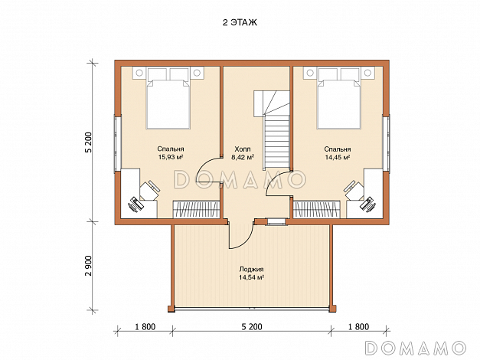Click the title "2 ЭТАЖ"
click(x=240, y=23)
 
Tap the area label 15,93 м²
click(x=171, y=158)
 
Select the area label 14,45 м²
click(x=338, y=158)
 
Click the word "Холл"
click(x=243, y=149)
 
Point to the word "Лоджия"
click(x=251, y=270)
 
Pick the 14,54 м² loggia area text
click(x=251, y=277)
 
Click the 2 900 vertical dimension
click(x=89, y=265)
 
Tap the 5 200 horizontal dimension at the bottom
click(x=252, y=327)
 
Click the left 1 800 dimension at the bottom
click(x=145, y=327)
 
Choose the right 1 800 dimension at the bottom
click(x=358, y=327)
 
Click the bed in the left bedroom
click(x=168, y=98)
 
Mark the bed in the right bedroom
click(x=339, y=98)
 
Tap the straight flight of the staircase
click(x=277, y=142)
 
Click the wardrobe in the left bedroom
click(x=197, y=210)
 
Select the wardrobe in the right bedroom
click(x=316, y=210)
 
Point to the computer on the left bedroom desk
click(x=135, y=205)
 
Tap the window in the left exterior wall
click(x=118, y=142)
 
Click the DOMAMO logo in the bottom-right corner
click(x=416, y=348)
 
